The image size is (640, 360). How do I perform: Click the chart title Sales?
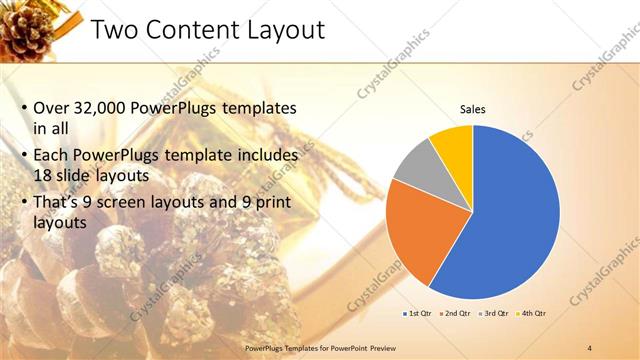tap(473, 109)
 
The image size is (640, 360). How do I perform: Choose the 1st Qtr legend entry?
tap(417, 314)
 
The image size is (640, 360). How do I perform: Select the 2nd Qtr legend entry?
tap(456, 314)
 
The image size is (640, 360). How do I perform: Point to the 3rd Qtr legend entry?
tap(495, 314)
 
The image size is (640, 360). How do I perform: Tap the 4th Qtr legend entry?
tap(533, 314)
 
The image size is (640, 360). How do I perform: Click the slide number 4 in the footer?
tap(590, 347)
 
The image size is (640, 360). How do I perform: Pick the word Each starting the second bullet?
tap(52, 155)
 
